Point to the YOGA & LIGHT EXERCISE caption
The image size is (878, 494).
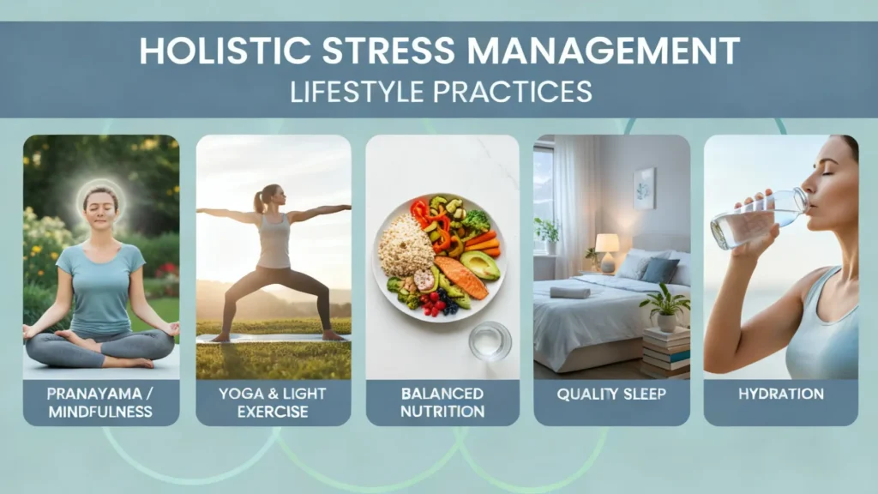(x=273, y=403)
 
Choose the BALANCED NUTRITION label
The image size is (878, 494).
(x=442, y=403)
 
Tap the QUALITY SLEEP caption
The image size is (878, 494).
(x=611, y=395)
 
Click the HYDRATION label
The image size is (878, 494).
(x=780, y=395)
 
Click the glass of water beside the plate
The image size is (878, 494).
(x=490, y=340)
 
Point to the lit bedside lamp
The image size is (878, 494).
(x=607, y=244)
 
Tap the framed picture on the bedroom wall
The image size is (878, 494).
(x=644, y=189)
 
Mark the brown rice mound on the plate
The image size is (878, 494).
(x=405, y=245)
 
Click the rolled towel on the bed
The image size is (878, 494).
(x=570, y=292)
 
